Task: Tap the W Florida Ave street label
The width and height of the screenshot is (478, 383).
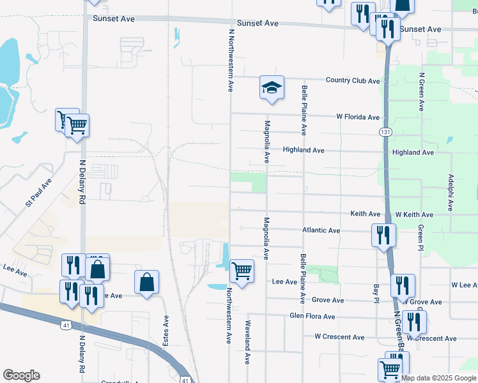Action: pyautogui.click(x=358, y=117)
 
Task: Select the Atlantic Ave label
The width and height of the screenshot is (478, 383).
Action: pyautogui.click(x=321, y=230)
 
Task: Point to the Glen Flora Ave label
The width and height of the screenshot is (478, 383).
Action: pyautogui.click(x=312, y=316)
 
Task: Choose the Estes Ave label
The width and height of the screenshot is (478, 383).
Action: pyautogui.click(x=166, y=331)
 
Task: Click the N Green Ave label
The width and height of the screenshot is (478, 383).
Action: pyautogui.click(x=422, y=92)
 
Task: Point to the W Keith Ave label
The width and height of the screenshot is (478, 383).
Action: pyautogui.click(x=414, y=214)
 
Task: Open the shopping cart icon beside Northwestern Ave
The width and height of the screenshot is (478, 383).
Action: pyautogui.click(x=242, y=271)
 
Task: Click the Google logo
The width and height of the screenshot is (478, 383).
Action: pyautogui.click(x=21, y=375)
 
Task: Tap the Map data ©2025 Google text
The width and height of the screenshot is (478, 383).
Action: pyautogui.click(x=438, y=379)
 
